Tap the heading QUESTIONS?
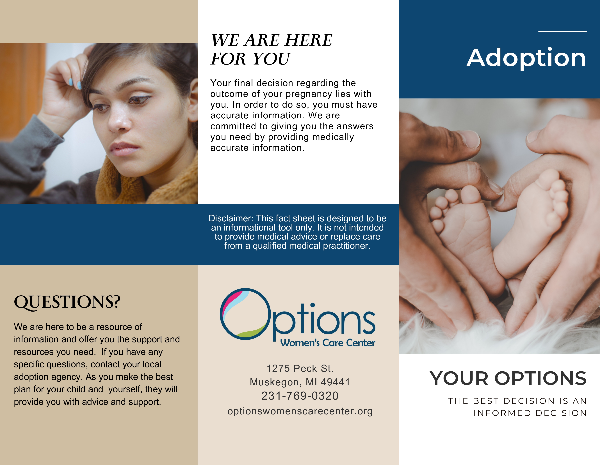click(67, 302)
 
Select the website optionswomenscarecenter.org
click(300, 411)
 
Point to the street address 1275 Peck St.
click(300, 368)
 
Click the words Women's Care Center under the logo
click(328, 343)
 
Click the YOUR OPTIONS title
click(508, 378)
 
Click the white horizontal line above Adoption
click(562, 32)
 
